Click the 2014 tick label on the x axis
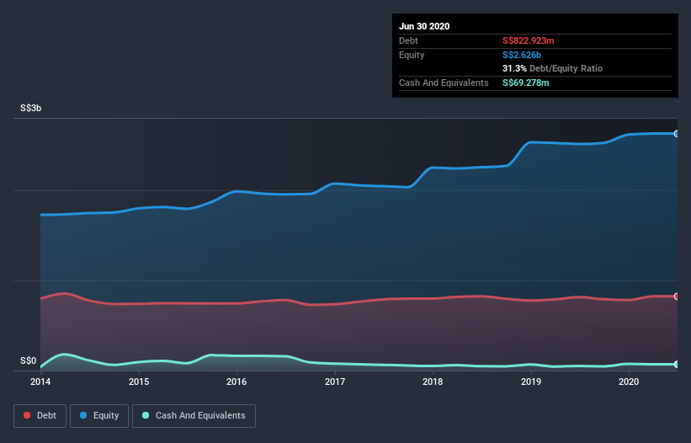point(40,382)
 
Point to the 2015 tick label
point(139,382)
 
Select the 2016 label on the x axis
point(237,382)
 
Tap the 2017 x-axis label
point(335,382)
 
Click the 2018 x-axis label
point(433,382)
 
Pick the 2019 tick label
point(531,382)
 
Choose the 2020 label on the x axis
point(629,382)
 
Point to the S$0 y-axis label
point(28,361)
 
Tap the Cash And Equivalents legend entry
point(194,415)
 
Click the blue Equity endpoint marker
point(676,134)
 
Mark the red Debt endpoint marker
point(676,296)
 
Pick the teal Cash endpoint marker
point(676,364)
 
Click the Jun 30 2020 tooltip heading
point(424,26)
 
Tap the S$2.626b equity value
point(522,55)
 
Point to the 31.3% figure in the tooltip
point(514,68)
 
